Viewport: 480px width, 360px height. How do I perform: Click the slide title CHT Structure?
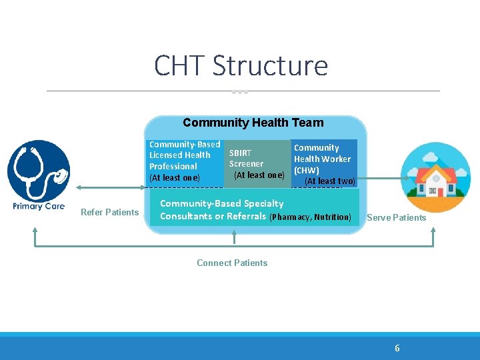(x=241, y=67)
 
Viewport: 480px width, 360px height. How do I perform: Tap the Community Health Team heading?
(x=253, y=123)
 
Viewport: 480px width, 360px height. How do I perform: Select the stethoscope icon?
(x=39, y=170)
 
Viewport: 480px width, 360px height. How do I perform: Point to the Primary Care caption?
(x=39, y=206)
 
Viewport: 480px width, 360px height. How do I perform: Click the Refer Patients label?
(x=109, y=213)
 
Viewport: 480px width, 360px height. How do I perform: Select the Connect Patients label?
(x=232, y=263)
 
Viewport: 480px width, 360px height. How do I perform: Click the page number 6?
(x=397, y=348)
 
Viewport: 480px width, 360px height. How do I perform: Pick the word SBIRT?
(x=240, y=153)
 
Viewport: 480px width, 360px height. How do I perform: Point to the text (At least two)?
(x=329, y=181)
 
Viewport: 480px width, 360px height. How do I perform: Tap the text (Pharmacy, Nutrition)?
(x=309, y=217)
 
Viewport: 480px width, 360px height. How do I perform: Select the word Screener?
(x=246, y=164)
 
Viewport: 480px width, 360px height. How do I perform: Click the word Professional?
(x=173, y=167)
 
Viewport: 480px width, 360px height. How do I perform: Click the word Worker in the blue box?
(x=337, y=159)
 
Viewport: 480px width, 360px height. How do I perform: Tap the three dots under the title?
(x=240, y=92)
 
